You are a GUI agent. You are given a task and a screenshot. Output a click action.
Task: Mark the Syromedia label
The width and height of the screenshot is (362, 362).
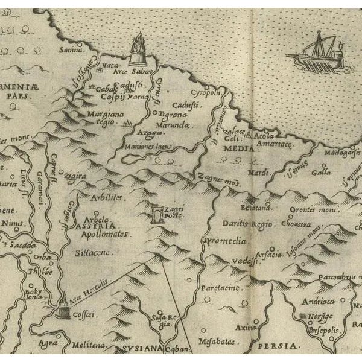click(224, 241)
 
